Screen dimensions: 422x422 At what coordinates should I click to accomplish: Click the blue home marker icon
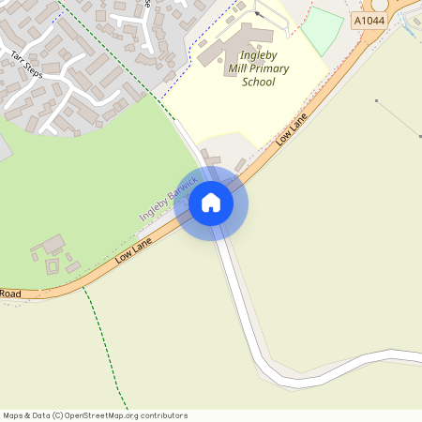point(211,202)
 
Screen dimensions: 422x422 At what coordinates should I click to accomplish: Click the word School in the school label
point(258,82)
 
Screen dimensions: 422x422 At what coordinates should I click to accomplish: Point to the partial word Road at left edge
point(10,294)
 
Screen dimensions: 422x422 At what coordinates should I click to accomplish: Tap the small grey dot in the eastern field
point(376,100)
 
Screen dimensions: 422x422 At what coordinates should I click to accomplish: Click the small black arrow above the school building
point(257,15)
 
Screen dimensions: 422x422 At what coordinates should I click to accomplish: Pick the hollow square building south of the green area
point(52,265)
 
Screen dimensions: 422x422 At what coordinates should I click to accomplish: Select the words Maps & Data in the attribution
point(25,415)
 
